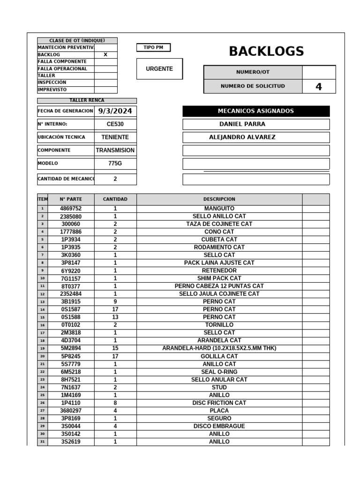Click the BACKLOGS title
click(x=266, y=52)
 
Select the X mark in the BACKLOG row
click(x=105, y=55)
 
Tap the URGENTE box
click(x=159, y=69)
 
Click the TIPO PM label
click(x=153, y=47)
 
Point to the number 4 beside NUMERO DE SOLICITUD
click(x=319, y=87)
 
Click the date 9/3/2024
click(x=115, y=111)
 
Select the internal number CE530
click(x=115, y=124)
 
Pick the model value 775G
click(x=115, y=164)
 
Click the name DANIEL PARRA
click(x=242, y=124)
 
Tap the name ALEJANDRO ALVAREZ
click(x=242, y=137)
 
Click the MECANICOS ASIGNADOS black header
click(x=255, y=111)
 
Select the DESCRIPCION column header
click(x=219, y=199)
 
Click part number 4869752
click(x=71, y=209)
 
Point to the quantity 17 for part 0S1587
click(x=115, y=309)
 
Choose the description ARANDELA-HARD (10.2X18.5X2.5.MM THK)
click(x=219, y=348)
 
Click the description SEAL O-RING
click(x=219, y=372)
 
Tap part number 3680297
click(x=71, y=411)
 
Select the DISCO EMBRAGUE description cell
click(x=219, y=426)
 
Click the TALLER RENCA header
click(x=87, y=100)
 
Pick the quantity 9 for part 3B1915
click(x=115, y=302)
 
